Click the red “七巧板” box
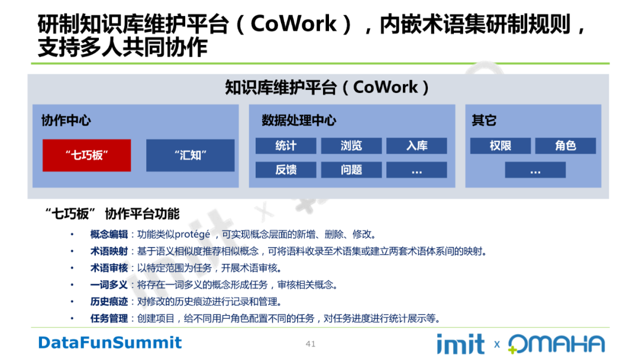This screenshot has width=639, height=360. [x=87, y=155]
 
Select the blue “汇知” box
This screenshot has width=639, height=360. [x=191, y=155]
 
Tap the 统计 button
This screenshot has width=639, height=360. [x=286, y=146]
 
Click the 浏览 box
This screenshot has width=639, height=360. [x=351, y=146]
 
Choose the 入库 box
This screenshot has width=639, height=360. [x=417, y=146]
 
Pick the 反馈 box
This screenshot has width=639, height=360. [x=286, y=169]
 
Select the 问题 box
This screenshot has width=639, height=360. [x=351, y=169]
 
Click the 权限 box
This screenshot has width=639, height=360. [x=501, y=146]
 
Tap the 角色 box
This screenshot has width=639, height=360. [x=565, y=146]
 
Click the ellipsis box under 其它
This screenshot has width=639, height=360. [x=535, y=169]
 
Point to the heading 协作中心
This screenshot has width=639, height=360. [x=66, y=121]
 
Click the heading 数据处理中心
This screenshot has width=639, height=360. [x=299, y=121]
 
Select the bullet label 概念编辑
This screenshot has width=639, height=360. [x=109, y=234]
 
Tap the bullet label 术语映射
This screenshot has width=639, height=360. [x=109, y=251]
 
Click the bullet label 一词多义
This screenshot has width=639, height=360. [x=109, y=285]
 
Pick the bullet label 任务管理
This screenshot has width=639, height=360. [x=109, y=319]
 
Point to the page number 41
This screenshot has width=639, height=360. [x=311, y=344]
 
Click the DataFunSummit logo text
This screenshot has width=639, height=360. [x=110, y=342]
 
